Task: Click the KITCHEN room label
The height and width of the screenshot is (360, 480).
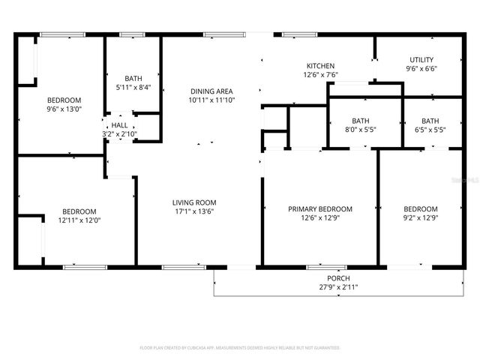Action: pos(320,66)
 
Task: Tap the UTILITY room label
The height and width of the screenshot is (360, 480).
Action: pos(421,60)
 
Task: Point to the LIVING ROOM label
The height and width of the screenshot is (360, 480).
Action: pos(194,202)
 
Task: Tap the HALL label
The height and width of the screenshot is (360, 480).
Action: pos(120,125)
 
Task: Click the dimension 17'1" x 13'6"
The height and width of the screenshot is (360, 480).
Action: pos(194,211)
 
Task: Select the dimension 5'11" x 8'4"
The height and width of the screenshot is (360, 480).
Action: pos(133,87)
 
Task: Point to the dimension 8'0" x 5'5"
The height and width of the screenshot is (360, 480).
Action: pos(361,130)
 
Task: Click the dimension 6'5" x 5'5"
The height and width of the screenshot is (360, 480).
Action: pos(430,130)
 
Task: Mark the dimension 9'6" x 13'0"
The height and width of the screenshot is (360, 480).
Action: pos(64,109)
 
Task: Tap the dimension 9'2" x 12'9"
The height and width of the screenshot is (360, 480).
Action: pos(421,218)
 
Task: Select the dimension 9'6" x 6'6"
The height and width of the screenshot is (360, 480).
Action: pos(421,69)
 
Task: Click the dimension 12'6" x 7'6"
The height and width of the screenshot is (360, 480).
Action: pos(320,75)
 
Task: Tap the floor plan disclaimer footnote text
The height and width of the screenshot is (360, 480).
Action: pos(240,348)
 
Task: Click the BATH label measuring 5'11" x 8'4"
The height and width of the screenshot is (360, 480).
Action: pos(133,78)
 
